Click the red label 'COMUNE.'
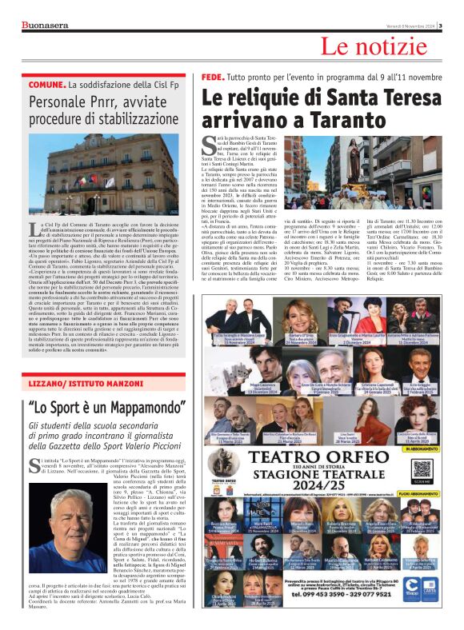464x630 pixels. tap(46, 84)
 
